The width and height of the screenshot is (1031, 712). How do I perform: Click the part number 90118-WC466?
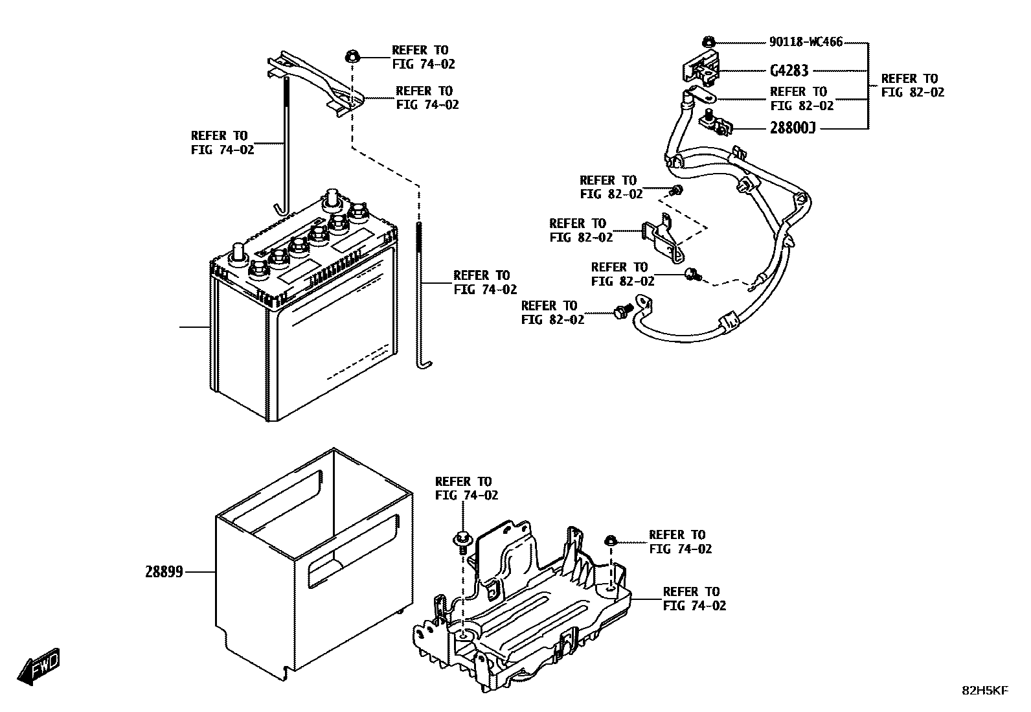(x=806, y=42)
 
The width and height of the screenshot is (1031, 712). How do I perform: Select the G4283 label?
(x=789, y=71)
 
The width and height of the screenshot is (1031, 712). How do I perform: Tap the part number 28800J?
(x=792, y=128)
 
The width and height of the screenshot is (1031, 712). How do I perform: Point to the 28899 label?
(x=164, y=572)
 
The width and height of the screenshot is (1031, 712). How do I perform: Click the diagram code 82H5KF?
(x=984, y=691)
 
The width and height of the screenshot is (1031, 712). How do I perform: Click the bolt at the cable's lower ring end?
(x=623, y=312)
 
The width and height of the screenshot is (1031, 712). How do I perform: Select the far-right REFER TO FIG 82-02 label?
(x=912, y=86)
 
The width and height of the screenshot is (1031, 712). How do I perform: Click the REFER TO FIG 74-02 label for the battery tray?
(x=694, y=599)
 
